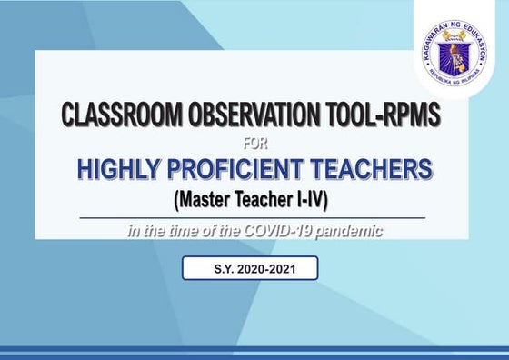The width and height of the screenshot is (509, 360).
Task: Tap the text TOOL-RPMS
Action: [386, 116]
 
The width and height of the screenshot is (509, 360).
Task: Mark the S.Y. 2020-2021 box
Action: [250, 268]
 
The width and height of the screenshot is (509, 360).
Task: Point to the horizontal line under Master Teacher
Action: [252, 218]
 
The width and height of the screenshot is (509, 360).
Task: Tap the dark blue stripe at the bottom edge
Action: [254, 350]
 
